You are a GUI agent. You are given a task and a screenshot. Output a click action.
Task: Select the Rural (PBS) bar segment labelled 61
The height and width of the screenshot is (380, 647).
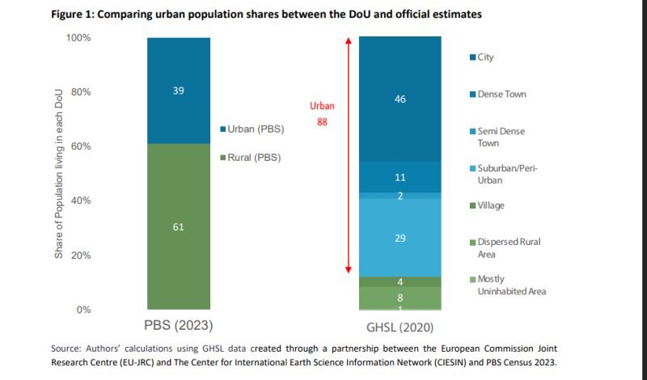point(178,227)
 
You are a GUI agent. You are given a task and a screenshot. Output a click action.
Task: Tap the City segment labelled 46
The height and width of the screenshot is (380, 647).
point(400,99)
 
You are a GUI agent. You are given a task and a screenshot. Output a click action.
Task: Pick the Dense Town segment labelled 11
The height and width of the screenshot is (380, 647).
point(400,177)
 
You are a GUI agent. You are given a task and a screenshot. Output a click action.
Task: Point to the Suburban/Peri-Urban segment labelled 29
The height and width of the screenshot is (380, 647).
point(400,239)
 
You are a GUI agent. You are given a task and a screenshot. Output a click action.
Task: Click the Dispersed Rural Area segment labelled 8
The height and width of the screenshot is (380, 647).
point(400,298)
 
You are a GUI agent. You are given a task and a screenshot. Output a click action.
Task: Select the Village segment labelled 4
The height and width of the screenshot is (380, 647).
point(400,281)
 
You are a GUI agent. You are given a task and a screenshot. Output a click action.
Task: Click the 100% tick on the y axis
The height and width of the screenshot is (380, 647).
point(78,38)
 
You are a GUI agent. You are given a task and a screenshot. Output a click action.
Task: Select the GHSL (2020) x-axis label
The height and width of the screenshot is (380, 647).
point(400,328)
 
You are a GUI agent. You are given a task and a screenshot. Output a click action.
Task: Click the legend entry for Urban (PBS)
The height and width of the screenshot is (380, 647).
point(252,129)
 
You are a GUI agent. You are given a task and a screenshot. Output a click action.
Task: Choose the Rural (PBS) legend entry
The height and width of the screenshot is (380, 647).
point(251,157)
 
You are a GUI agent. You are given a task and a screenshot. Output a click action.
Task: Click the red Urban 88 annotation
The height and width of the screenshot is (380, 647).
point(322,114)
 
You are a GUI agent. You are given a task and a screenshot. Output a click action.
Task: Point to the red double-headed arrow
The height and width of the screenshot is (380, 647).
point(348,154)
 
